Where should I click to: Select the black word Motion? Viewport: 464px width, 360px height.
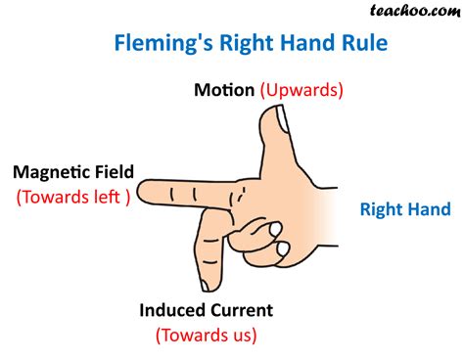tap(224, 90)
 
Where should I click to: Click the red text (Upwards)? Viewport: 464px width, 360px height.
tap(302, 90)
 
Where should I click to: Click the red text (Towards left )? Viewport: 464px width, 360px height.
tap(72, 196)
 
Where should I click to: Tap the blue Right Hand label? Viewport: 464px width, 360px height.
tap(405, 208)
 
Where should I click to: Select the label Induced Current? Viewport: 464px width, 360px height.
tap(206, 310)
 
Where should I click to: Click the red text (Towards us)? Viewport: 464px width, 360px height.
tap(206, 335)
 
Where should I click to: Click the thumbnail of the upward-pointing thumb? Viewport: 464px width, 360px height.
tap(280, 120)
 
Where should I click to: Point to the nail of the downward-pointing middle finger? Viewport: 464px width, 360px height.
tap(208, 284)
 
